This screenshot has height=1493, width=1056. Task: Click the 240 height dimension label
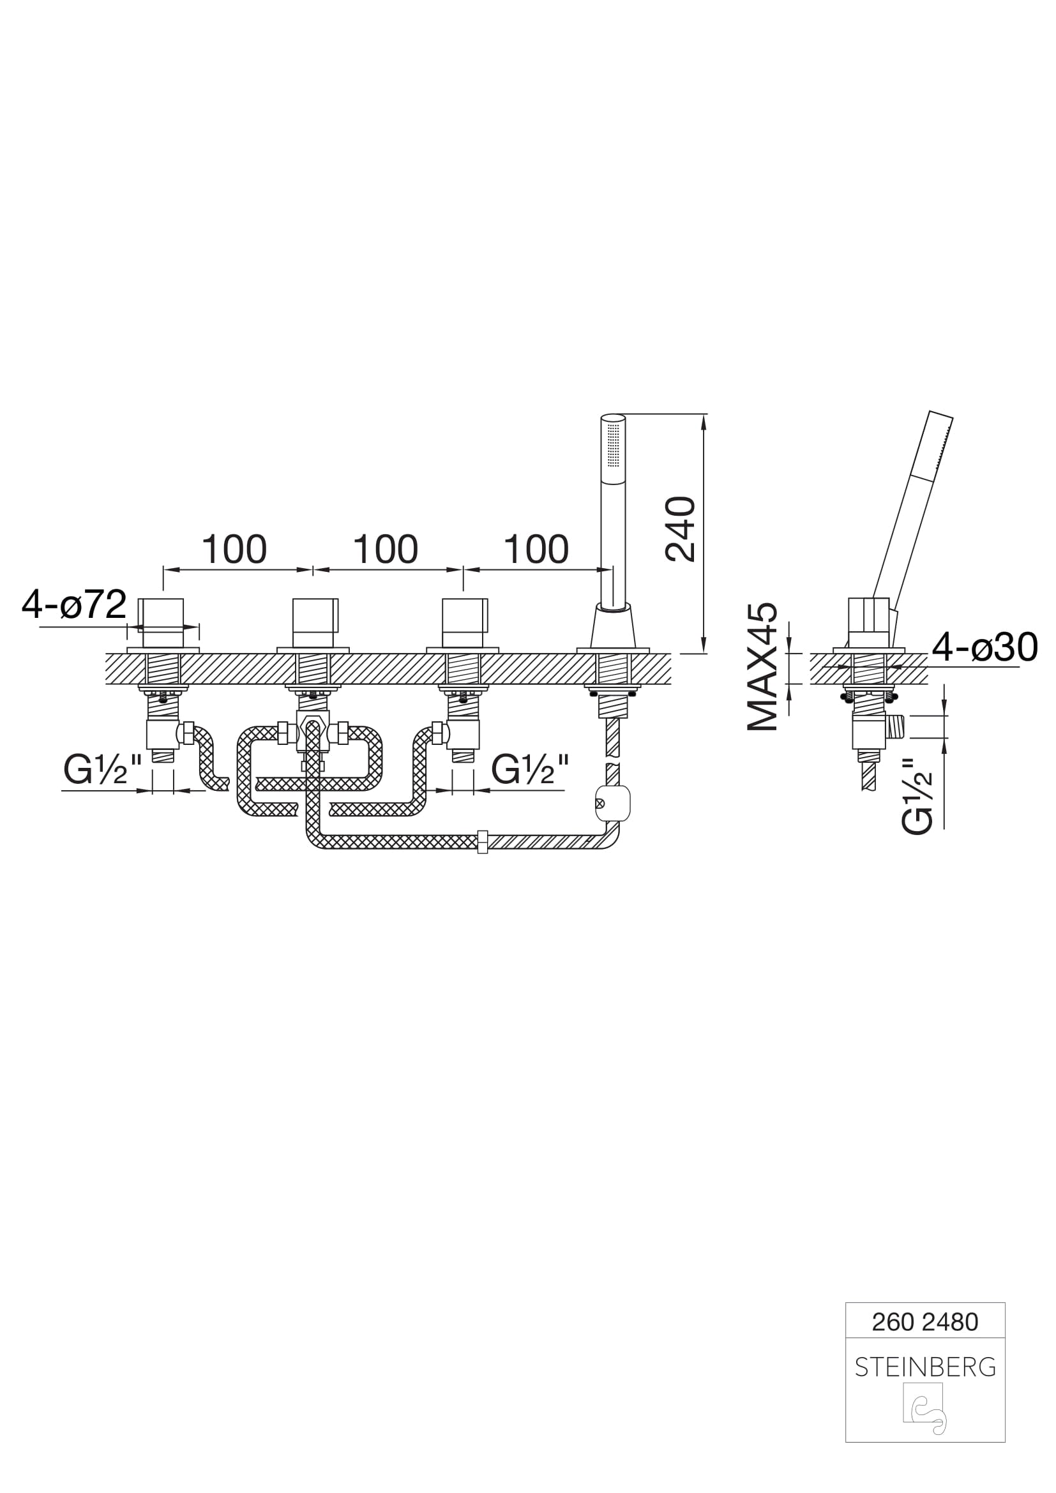coord(680,529)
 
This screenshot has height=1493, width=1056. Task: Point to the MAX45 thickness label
coord(762,666)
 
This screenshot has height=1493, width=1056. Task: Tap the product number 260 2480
coord(924,1322)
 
